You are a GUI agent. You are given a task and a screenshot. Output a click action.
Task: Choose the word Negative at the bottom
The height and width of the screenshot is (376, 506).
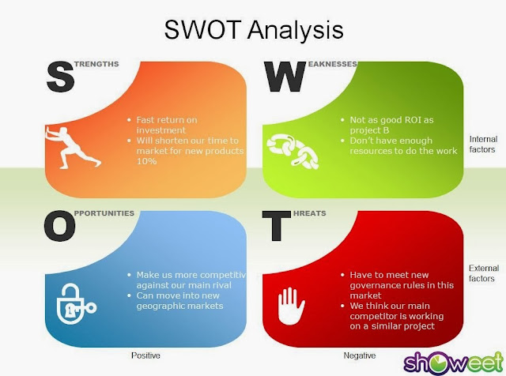360,355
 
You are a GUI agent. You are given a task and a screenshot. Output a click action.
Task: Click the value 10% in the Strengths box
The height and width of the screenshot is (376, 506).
146,161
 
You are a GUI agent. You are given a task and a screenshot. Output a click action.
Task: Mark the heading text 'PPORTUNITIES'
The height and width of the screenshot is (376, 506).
105,212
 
